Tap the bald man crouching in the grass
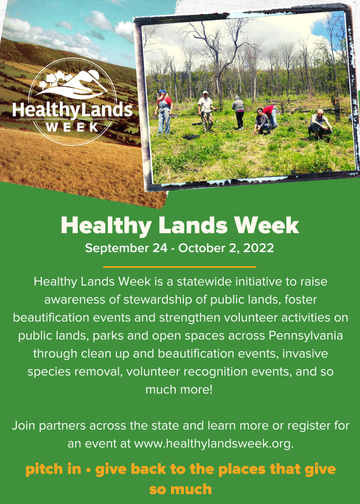point(319,125)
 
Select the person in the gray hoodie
point(239,111)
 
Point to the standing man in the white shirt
point(205,111)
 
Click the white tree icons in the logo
point(55,79)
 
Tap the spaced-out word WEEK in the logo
point(73,127)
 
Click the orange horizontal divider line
point(179,267)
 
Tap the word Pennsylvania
point(306,336)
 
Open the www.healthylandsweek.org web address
point(213,444)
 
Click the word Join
point(23,425)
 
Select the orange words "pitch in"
point(53,469)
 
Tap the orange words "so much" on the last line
point(181,489)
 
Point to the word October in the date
point(201,248)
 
